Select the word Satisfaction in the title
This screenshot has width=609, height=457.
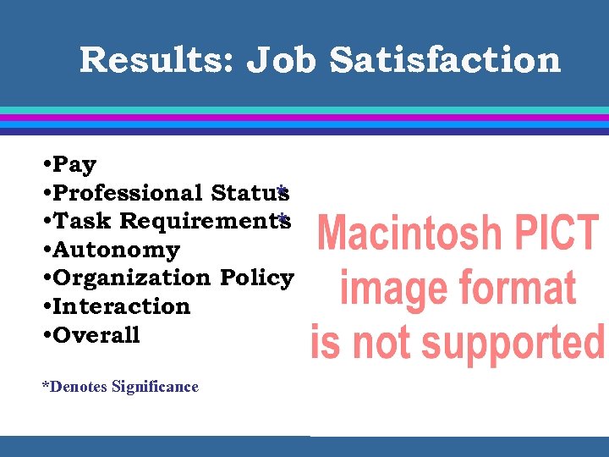coord(445,60)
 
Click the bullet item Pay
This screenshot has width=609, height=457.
coord(74,164)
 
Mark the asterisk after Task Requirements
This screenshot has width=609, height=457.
coord(284,218)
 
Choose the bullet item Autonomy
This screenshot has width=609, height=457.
coord(117,250)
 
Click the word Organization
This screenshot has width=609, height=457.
coord(131,278)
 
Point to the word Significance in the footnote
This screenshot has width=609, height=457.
coord(155,387)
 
